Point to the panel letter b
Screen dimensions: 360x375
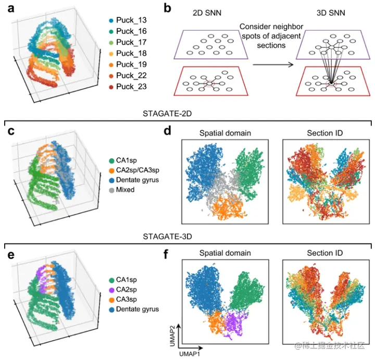tap(167, 8)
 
